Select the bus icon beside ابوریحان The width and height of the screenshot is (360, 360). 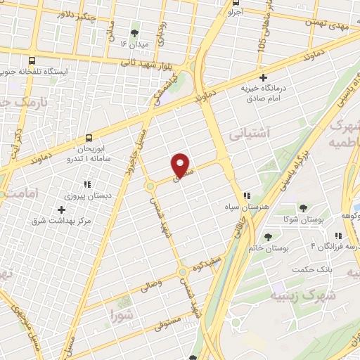pyautogui.click(x=89, y=139)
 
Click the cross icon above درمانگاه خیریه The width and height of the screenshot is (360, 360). pyautogui.click(x=264, y=77)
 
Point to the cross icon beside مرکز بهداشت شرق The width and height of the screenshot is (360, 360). pyautogui.click(x=61, y=210)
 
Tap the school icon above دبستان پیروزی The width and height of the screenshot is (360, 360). pyautogui.click(x=87, y=184)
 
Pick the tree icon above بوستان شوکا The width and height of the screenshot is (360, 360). pyautogui.click(x=302, y=208)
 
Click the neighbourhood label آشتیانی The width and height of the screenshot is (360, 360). pyautogui.click(x=248, y=131)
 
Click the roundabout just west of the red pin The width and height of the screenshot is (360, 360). pyautogui.click(x=150, y=186)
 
